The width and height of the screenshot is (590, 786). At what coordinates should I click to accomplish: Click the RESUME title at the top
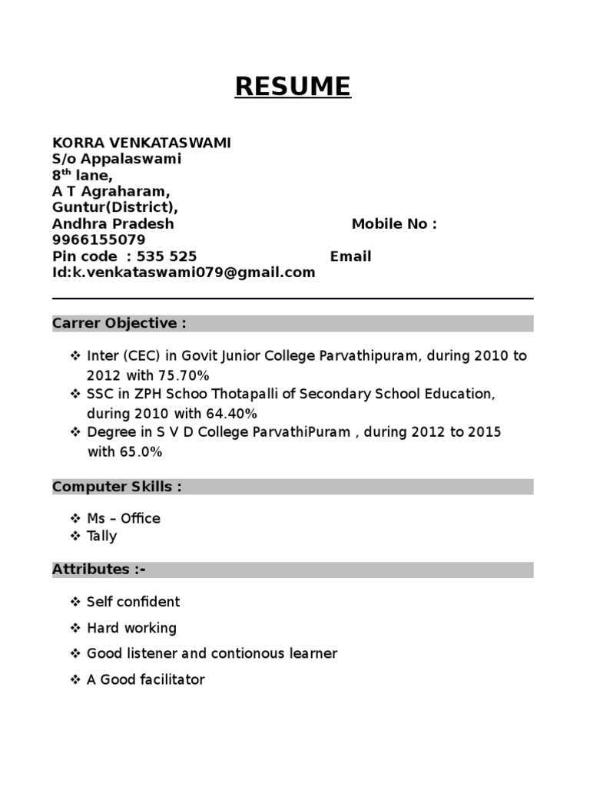point(293,86)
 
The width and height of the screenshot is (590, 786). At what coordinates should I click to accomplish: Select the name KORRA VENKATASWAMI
point(141,143)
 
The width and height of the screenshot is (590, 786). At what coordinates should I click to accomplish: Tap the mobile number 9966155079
point(98,240)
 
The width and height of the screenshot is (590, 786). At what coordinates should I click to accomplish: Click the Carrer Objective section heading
point(119,323)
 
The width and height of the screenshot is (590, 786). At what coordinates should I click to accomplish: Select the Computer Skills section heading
point(117,487)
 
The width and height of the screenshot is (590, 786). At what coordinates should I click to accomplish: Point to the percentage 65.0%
point(140,452)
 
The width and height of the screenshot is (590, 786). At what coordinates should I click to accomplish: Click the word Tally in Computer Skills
point(102,536)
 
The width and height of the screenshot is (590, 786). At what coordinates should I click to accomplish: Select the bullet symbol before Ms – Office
point(75,519)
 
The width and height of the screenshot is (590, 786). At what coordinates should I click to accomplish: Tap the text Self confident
point(134,602)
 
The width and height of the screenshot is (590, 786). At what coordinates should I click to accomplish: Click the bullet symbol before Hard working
point(75,628)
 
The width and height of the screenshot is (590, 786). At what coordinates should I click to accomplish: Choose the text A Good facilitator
point(146,679)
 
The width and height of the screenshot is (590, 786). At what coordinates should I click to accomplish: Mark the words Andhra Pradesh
point(113,224)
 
